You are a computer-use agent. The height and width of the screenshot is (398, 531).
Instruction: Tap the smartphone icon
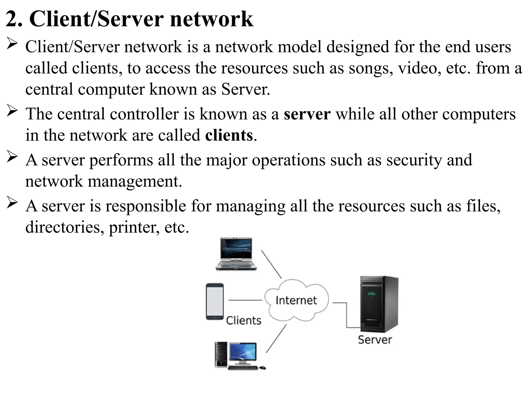pos(215,302)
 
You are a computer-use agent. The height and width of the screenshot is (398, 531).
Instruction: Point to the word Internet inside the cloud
pos(296,300)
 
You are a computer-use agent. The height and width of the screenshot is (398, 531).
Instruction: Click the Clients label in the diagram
pos(243,321)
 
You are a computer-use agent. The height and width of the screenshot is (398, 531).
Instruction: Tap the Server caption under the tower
pos(375,340)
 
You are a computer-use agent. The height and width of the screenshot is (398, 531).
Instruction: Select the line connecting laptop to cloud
pos(271,264)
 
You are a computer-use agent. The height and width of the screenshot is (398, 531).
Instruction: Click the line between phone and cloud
pos(245,300)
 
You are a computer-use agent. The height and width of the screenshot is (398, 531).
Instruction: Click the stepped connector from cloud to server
pos(347,315)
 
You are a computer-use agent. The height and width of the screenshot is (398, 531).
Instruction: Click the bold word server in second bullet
pos(307,114)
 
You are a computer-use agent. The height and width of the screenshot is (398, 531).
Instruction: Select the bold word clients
pos(229,135)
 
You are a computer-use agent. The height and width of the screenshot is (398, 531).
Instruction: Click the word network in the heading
pos(211,19)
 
